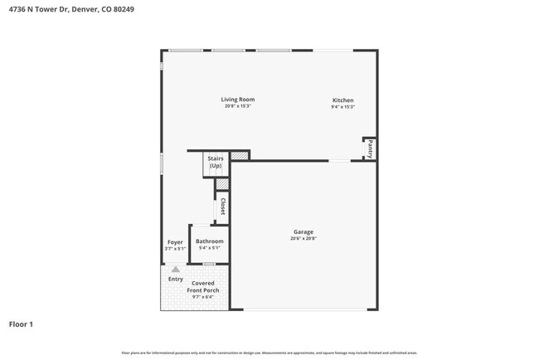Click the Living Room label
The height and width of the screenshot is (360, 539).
237,100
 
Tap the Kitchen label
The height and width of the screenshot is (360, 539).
343,100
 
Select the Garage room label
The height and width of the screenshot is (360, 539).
303,231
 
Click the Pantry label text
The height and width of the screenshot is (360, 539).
371,149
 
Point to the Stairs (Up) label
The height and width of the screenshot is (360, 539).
216,162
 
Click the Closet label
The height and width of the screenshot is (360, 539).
222,207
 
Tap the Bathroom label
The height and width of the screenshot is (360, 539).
209,241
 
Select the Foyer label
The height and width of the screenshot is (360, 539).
175,242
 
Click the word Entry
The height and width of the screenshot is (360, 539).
176,279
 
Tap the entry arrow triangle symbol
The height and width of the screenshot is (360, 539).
175,269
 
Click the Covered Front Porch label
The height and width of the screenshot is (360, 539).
202,287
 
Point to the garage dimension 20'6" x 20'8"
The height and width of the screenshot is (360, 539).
303,239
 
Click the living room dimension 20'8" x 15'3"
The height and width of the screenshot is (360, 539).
237,106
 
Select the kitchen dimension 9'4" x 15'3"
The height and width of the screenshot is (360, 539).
343,106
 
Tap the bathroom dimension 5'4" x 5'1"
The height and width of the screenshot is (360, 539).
209,248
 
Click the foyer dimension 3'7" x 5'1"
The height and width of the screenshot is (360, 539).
175,248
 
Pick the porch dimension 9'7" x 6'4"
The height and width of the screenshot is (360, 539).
202,297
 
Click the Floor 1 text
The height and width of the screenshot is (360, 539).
21,324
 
